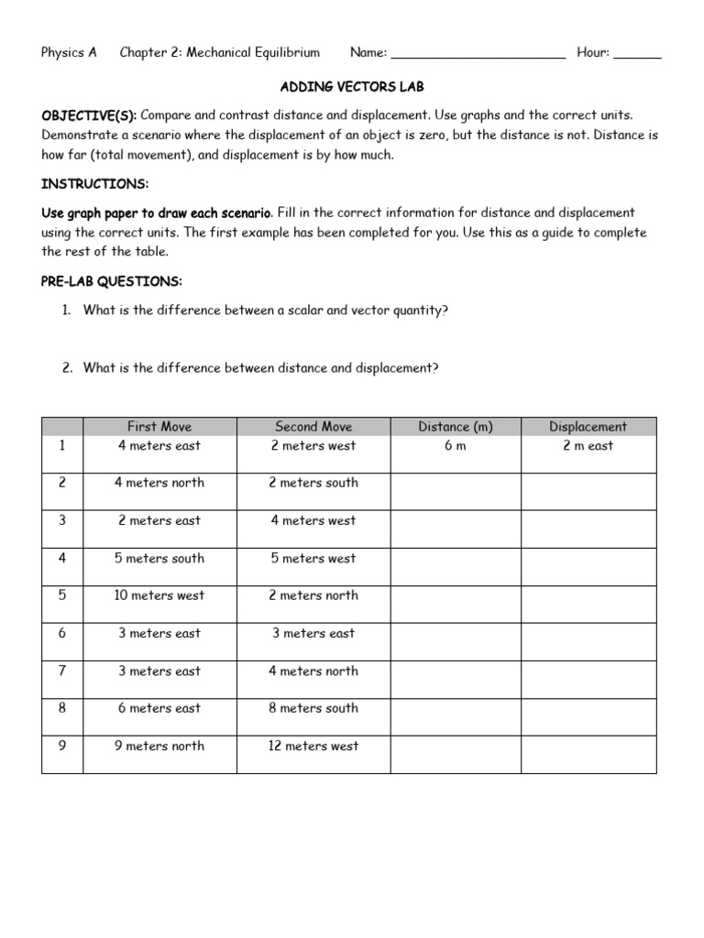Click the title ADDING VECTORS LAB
351,87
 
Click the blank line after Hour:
637,54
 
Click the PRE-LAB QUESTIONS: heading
112,280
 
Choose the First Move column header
159,426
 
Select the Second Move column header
313,426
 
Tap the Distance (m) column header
456,426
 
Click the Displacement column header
588,426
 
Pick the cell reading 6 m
456,446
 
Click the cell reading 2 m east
588,446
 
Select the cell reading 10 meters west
159,595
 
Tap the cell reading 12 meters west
313,746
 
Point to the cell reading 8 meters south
313,708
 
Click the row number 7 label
62,671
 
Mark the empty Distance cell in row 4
456,566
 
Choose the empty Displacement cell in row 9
588,754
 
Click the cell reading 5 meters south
159,558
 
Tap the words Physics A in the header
69,53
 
